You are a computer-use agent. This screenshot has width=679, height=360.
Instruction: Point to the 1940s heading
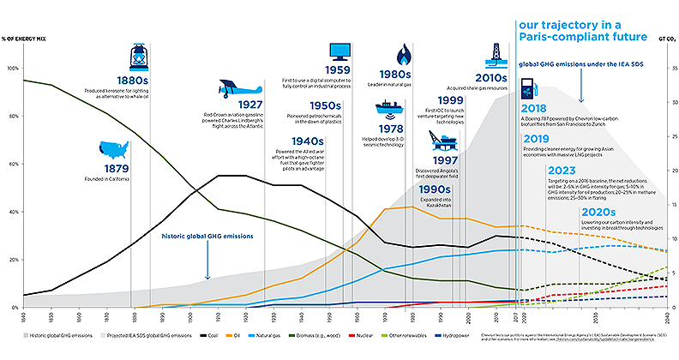[x=306, y=140]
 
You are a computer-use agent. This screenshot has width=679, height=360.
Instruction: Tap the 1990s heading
[x=437, y=189]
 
